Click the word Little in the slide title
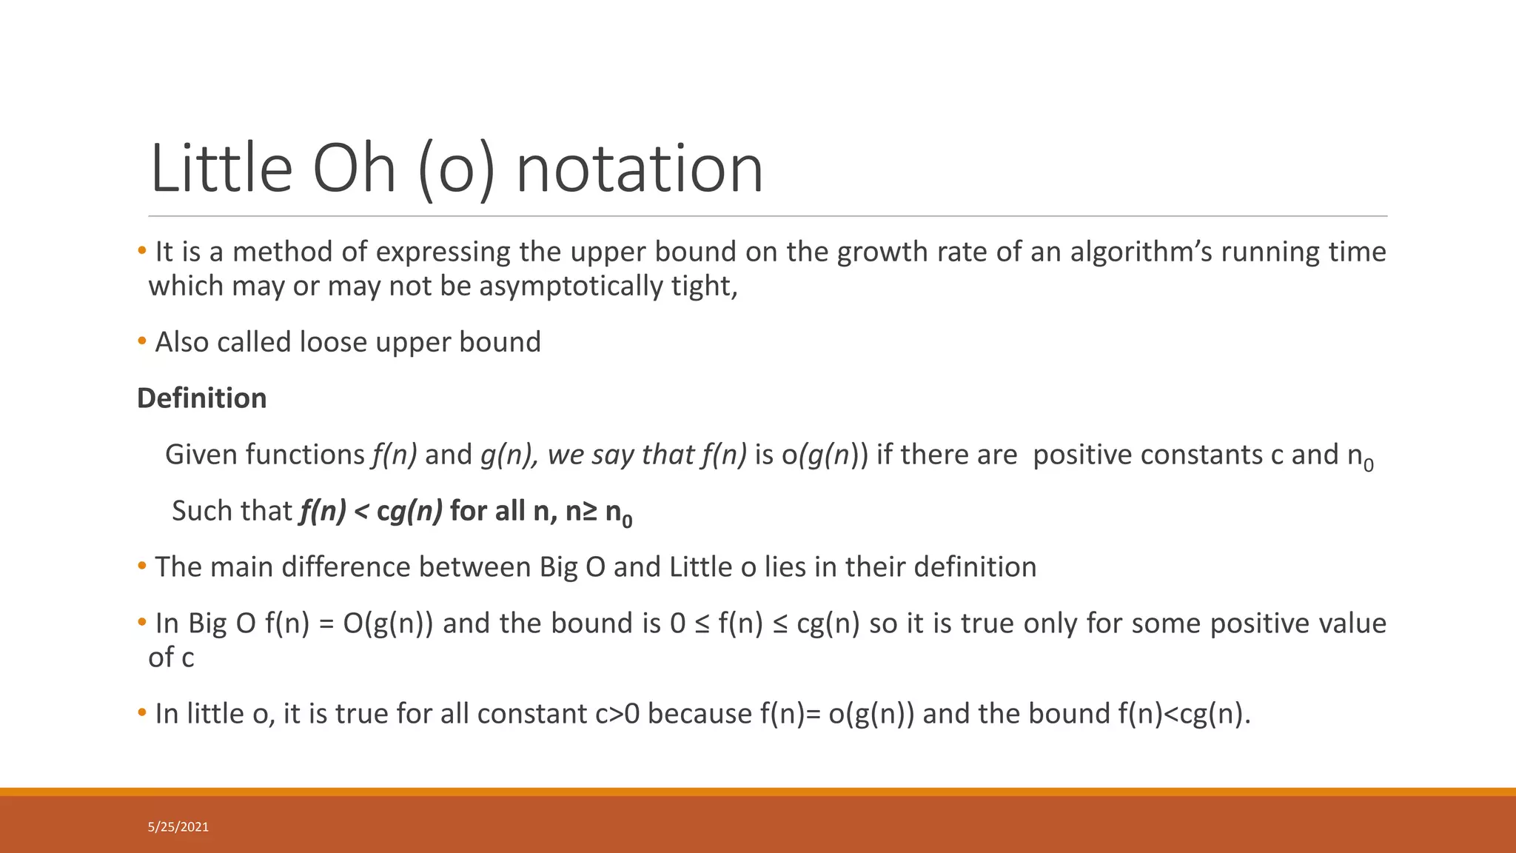coord(221,169)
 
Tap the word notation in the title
coord(639,169)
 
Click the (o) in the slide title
coord(456,169)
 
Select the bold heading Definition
coord(201,398)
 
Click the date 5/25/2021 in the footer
coord(178,827)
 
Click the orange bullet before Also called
coord(142,341)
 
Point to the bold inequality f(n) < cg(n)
coord(371,511)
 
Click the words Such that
coord(232,511)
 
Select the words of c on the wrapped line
coord(171,658)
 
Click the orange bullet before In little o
coord(142,713)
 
